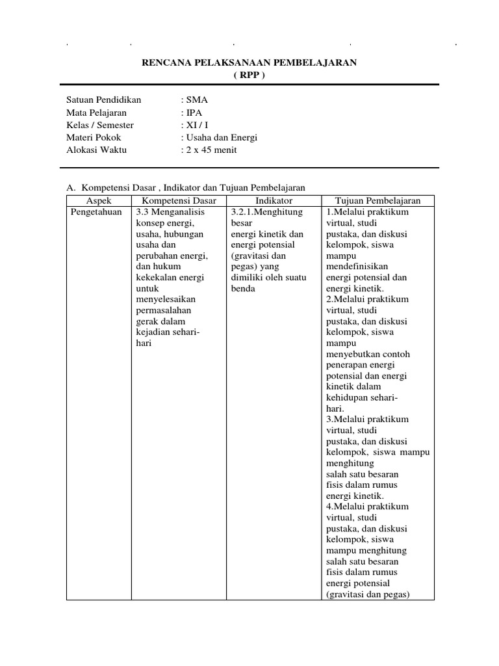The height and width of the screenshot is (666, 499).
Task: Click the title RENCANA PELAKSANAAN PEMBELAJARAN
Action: point(249,62)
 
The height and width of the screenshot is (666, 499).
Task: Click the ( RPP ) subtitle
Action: point(249,74)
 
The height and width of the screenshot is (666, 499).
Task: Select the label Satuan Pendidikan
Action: point(103,100)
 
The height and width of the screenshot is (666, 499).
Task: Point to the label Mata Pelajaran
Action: point(96,113)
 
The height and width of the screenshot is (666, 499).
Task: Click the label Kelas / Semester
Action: point(100,125)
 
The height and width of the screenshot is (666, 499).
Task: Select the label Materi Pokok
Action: point(94,137)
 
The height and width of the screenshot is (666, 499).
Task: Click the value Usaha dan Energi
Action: point(221,137)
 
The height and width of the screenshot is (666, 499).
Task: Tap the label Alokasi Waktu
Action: point(97,150)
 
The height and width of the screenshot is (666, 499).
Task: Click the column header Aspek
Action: point(99,201)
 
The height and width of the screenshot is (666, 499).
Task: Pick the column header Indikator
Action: point(274,201)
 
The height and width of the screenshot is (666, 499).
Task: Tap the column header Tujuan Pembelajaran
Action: point(377,201)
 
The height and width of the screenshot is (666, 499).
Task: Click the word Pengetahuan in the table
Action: point(96,212)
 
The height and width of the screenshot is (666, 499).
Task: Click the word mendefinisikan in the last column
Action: point(357,267)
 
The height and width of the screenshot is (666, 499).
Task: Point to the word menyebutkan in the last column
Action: point(353,354)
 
